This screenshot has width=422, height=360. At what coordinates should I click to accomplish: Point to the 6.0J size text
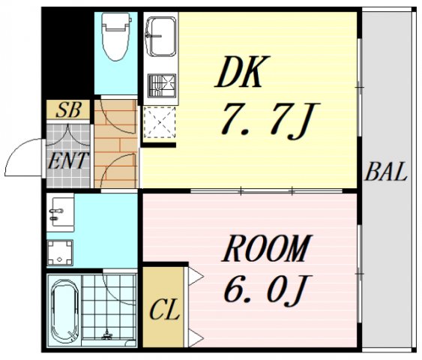pyautogui.click(x=267, y=289)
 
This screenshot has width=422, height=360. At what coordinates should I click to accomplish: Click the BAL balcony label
pyautogui.click(x=387, y=173)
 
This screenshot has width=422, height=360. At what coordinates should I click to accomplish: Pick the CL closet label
pyautogui.click(x=166, y=310)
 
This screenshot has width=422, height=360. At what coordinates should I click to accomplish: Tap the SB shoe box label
pyautogui.click(x=68, y=110)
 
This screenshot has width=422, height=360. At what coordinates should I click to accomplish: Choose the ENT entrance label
pyautogui.click(x=68, y=160)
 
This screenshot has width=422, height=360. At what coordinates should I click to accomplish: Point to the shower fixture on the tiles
pyautogui.click(x=109, y=334)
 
